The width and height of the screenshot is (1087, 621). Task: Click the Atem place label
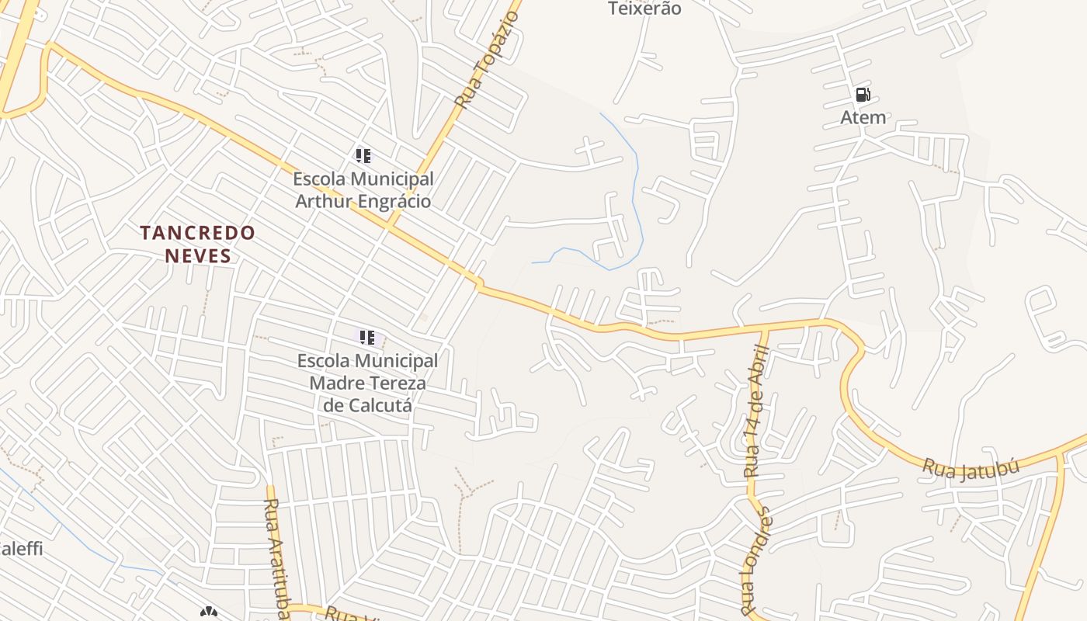tap(863, 117)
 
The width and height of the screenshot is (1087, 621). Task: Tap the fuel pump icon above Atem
tap(863, 95)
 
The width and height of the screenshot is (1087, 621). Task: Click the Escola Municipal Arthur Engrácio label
tap(363, 190)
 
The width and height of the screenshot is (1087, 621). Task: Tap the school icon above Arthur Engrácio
tap(363, 155)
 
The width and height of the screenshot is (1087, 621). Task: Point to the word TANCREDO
tap(197, 233)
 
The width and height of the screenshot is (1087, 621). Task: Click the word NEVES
tap(197, 256)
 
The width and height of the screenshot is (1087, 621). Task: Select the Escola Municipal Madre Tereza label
tap(367, 372)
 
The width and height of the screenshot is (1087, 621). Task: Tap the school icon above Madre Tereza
tap(366, 337)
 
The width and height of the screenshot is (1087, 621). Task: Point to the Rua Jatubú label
tap(960, 468)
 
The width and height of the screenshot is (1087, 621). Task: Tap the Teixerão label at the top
tap(644, 9)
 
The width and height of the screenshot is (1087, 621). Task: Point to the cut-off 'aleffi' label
tap(21, 549)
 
